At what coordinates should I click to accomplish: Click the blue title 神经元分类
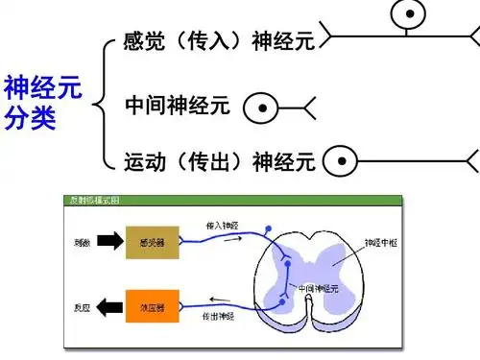(42, 104)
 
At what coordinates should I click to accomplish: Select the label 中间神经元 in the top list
(178, 106)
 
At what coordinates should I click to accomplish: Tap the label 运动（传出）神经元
(221, 161)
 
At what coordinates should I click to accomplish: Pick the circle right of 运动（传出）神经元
(340, 161)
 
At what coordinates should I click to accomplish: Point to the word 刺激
(82, 243)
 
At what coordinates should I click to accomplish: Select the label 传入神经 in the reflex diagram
(222, 224)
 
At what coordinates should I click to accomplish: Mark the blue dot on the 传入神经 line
(270, 230)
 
